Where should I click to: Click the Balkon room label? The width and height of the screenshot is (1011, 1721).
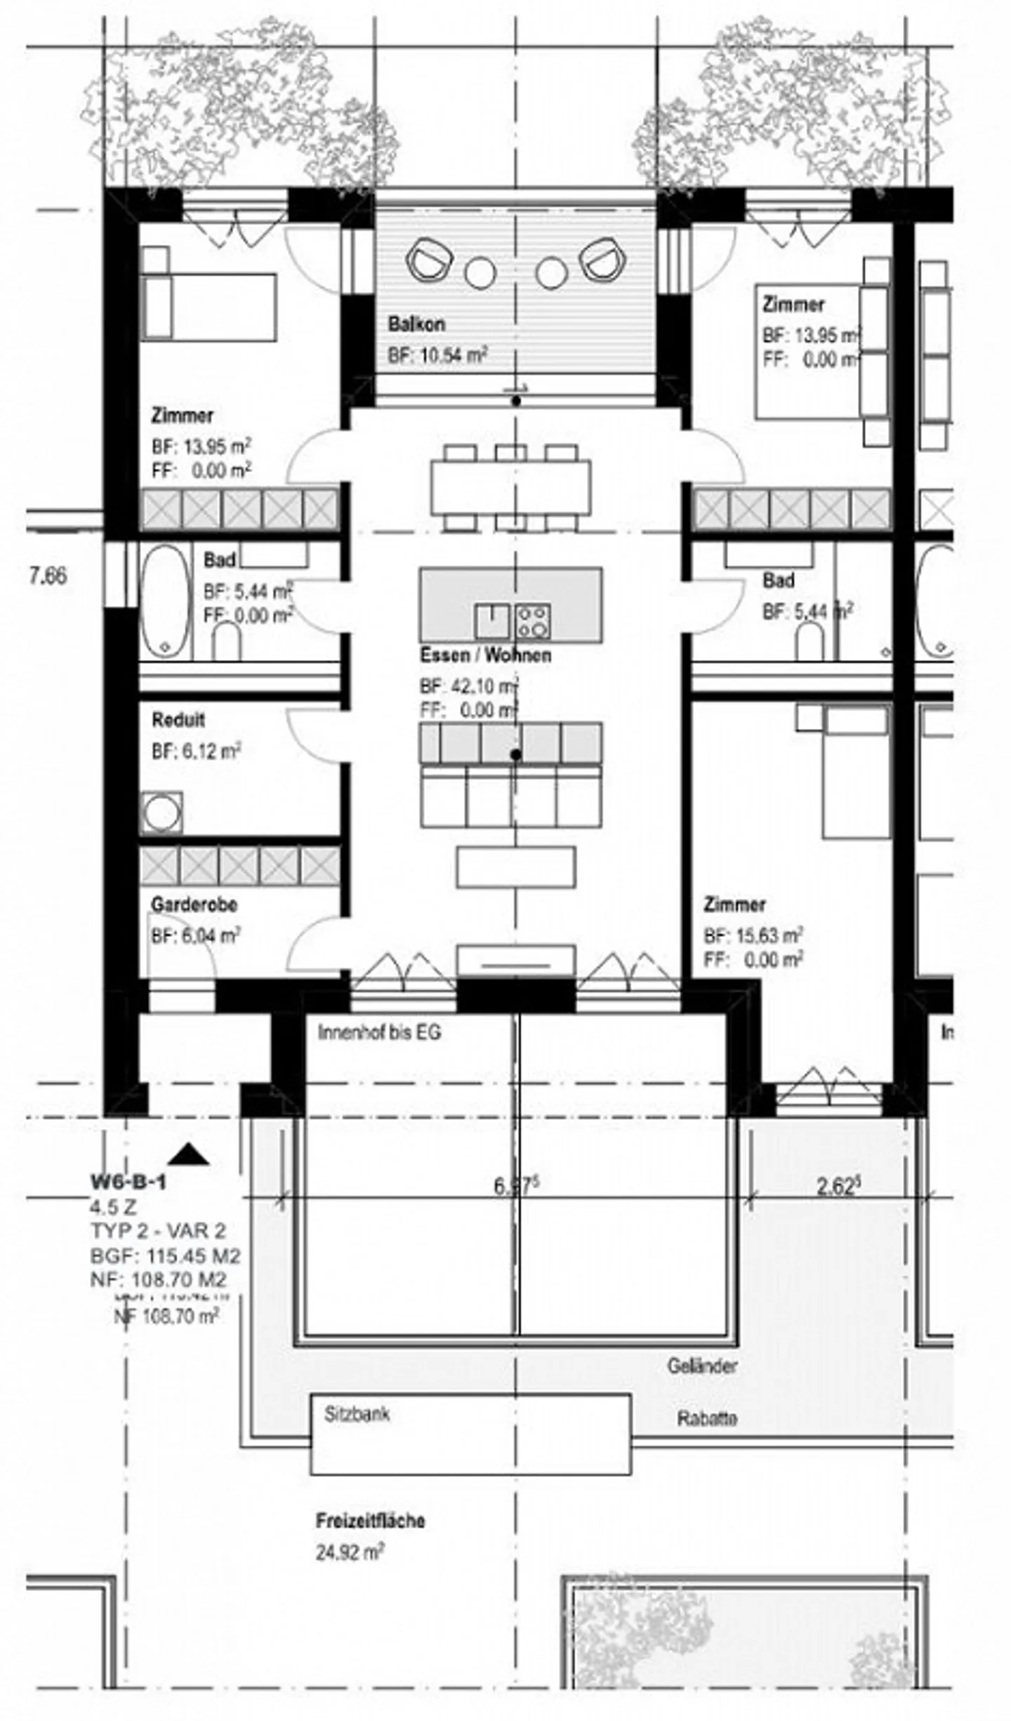[416, 324]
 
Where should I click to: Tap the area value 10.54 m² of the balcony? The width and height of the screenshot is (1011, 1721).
[437, 355]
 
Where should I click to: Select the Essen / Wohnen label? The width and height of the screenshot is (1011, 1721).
[485, 655]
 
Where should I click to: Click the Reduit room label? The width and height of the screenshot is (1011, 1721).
[178, 720]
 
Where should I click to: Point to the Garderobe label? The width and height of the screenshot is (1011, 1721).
[194, 904]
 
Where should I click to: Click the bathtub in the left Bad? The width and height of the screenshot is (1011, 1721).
[165, 601]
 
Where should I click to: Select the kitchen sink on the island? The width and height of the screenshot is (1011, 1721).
[491, 621]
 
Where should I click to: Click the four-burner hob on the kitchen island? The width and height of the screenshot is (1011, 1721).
[532, 621]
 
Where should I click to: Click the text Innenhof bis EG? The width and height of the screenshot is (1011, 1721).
[379, 1033]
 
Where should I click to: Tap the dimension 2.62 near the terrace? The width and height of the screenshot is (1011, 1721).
[838, 1187]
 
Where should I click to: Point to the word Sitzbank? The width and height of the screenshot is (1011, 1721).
[357, 1414]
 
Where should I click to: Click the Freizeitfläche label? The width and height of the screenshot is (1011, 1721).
[370, 1521]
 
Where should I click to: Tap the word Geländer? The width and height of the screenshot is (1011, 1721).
[702, 1366]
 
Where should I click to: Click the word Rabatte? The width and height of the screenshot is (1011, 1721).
[706, 1418]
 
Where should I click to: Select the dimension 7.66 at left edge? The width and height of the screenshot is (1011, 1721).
[48, 576]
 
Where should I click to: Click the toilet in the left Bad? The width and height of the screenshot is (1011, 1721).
[226, 641]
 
